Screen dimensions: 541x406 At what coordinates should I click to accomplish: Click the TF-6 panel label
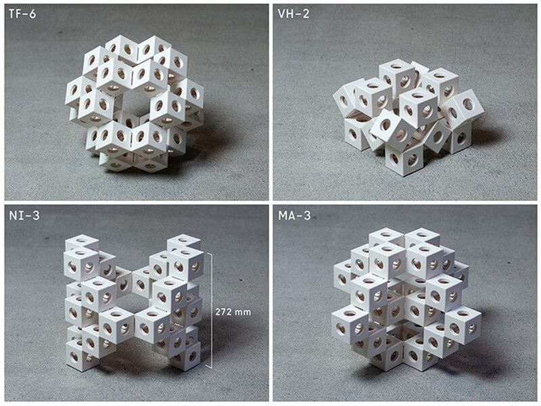coord(22,14)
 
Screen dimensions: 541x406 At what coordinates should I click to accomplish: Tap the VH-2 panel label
coord(293,14)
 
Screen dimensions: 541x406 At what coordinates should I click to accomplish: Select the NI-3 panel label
coord(24,216)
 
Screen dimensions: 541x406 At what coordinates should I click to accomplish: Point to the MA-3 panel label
coord(294,216)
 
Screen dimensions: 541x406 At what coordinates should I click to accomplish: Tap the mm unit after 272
coord(243,313)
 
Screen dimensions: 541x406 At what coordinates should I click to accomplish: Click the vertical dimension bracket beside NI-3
coord(210,311)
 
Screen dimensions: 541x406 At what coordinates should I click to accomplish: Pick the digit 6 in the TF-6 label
coord(32,14)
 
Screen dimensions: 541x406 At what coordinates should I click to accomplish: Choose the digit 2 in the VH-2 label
coord(306,14)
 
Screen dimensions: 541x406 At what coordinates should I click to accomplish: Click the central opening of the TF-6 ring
coord(136,103)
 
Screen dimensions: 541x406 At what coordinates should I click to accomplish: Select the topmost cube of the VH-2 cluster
coord(397,76)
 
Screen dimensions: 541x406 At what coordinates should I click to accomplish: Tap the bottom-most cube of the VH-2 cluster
coord(404,159)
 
